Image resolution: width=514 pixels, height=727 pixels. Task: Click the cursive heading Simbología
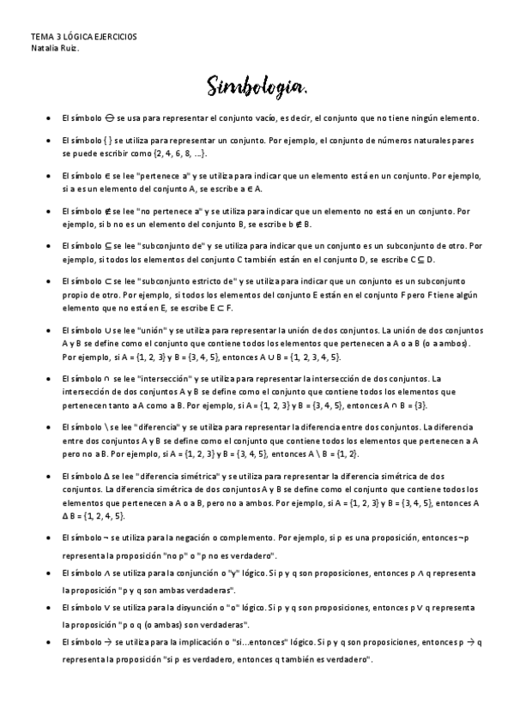pyautogui.click(x=256, y=87)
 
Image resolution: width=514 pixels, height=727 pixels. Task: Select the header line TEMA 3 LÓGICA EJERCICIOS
pyautogui.click(x=83, y=37)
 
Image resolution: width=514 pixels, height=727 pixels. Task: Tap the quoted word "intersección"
pyautogui.click(x=174, y=378)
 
